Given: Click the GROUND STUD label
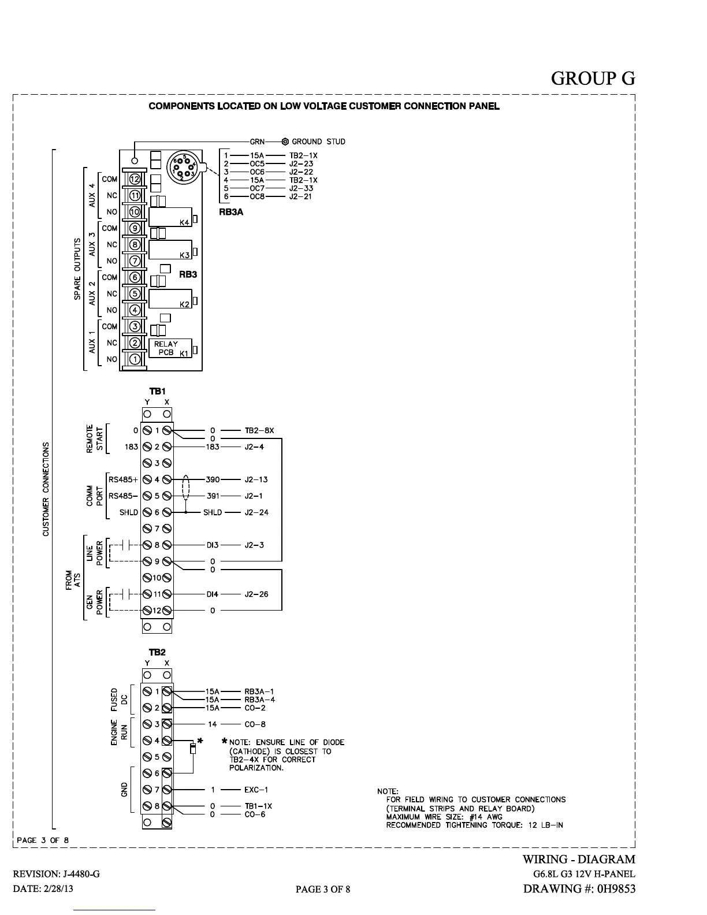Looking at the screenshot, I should pos(318,142).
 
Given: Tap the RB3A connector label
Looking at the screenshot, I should pos(231,212).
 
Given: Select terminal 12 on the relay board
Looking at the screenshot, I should pos(135,179).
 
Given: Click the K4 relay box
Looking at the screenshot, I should pos(170,217).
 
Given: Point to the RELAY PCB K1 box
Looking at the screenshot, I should pos(170,348).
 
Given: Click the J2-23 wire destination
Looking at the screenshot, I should pos(301,163).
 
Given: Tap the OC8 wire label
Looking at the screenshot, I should pos(257,196).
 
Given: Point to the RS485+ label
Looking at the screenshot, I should pos(124,479).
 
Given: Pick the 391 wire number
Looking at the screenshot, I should pos(213,496).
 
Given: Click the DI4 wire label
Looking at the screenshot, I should pos(213,594).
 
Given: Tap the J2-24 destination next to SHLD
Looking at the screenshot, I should pos(256,512).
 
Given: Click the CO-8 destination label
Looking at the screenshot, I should pos(255,724).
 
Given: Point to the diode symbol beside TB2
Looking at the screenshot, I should pos(193,749).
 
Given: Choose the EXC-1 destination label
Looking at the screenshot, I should pos(256,790).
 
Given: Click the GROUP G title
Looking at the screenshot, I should pos(593,78).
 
